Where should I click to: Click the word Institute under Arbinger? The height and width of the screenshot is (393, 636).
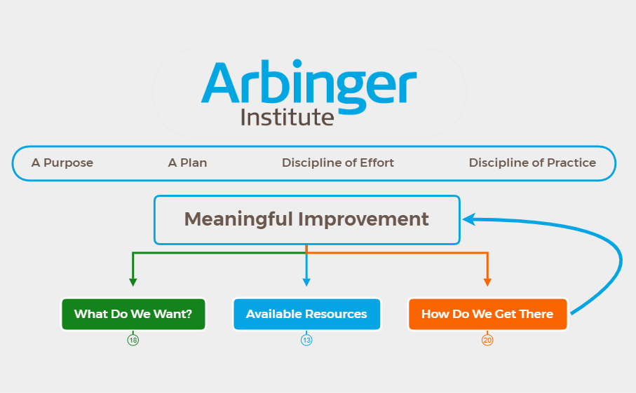pos(287,117)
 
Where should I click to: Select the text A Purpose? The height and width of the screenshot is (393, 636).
pos(62,163)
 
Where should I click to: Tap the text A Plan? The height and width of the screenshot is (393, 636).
pos(187,163)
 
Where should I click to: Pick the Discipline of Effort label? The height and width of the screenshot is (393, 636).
pos(338,163)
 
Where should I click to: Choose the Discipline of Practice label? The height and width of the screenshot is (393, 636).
pos(532,163)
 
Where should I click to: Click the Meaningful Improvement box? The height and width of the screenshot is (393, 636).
pos(306,219)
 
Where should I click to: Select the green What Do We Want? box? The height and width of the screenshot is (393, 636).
pos(133,314)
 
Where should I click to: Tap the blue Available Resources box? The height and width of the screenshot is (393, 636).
pos(306,314)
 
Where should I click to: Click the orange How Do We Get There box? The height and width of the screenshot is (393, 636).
pos(487,314)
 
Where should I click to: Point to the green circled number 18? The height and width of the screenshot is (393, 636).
pos(133,340)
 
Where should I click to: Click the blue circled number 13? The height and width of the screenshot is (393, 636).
pos(306,340)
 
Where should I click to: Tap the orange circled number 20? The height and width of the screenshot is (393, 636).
pos(487,340)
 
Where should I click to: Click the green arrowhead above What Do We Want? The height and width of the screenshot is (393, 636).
pos(133,282)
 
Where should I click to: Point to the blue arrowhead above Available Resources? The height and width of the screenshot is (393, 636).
pos(306,282)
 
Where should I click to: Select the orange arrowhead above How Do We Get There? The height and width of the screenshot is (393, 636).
pos(487,282)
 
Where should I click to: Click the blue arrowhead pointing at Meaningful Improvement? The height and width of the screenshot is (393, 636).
pos(468,219)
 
